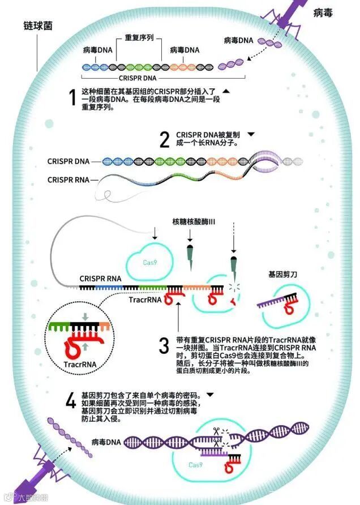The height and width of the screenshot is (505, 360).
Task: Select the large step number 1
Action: click(x=72, y=98)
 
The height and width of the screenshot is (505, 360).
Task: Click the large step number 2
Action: click(x=165, y=139)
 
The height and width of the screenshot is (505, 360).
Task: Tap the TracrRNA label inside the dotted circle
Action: click(x=79, y=365)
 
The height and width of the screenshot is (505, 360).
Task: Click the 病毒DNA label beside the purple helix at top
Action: click(x=239, y=41)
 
